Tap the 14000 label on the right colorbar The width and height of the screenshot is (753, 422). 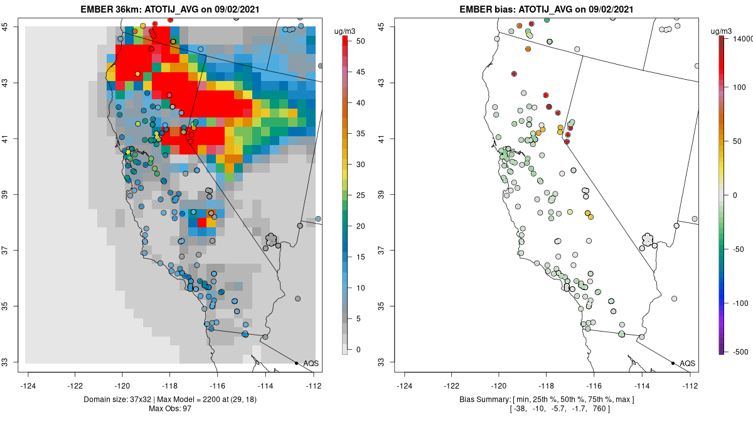pyautogui.click(x=738, y=39)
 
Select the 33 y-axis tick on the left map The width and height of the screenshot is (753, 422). pyautogui.click(x=12, y=362)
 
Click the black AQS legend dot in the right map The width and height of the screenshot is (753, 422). pyautogui.click(x=673, y=363)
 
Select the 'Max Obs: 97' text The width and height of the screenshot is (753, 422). pyautogui.click(x=170, y=409)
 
